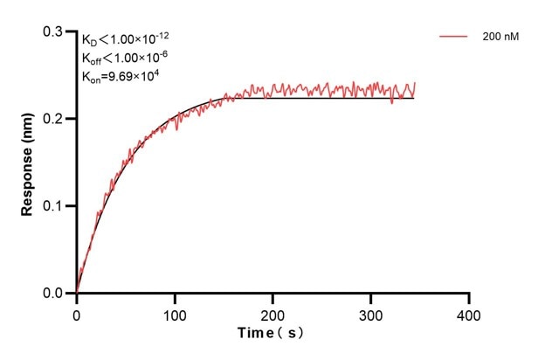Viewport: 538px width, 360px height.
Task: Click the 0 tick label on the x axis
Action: coord(77,312)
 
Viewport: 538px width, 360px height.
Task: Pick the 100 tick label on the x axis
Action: coord(175,312)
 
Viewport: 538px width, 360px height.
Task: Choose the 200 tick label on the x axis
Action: coord(273,312)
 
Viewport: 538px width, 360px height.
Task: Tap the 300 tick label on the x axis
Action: coord(371,312)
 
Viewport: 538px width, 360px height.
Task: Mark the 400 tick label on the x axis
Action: coord(469,312)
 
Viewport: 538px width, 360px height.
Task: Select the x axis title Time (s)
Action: coord(272,333)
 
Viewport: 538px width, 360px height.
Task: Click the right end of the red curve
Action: coord(415,83)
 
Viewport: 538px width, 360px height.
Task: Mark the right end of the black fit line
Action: coord(414,98)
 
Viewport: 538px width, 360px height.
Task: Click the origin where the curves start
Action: coord(77,294)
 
